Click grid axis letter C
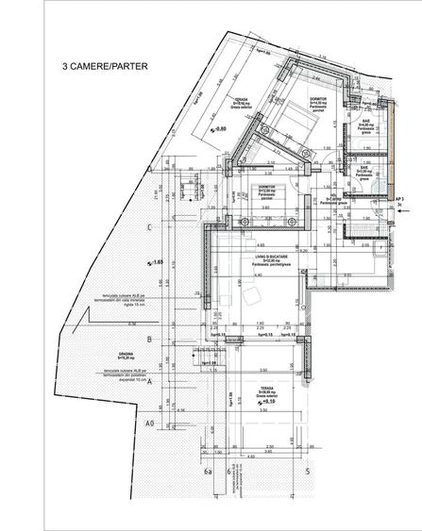[x=149, y=227]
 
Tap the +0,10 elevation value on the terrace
[x=284, y=403]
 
